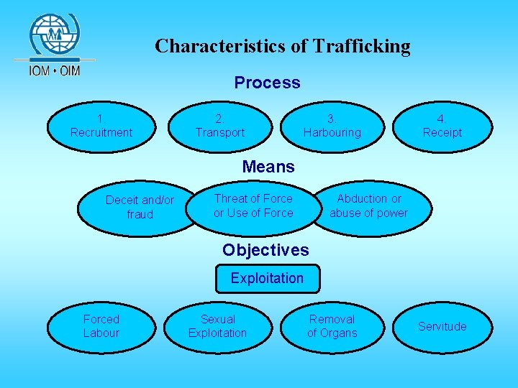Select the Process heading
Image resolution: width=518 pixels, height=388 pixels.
(267, 83)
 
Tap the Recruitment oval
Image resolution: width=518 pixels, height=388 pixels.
(101, 126)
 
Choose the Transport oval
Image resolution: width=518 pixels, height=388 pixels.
(220, 126)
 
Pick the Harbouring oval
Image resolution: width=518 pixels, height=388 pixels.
(332, 126)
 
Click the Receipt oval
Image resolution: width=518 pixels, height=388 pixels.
(442, 126)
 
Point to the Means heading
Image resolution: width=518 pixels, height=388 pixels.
(268, 167)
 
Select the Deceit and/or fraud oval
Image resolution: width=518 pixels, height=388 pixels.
(140, 207)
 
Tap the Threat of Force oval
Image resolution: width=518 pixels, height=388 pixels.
(253, 205)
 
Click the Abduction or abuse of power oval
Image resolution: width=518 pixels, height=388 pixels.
(369, 205)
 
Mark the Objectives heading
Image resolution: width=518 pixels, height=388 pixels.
(265, 250)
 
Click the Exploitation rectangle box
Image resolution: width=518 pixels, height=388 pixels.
(267, 278)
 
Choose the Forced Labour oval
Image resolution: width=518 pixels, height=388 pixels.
(101, 326)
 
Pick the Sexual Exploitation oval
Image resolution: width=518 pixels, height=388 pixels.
(217, 326)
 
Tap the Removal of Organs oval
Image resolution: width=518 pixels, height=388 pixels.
(332, 326)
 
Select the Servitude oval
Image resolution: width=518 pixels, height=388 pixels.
(442, 326)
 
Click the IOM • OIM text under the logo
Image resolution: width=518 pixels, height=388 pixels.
(54, 70)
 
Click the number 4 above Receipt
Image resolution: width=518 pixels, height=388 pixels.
(442, 119)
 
